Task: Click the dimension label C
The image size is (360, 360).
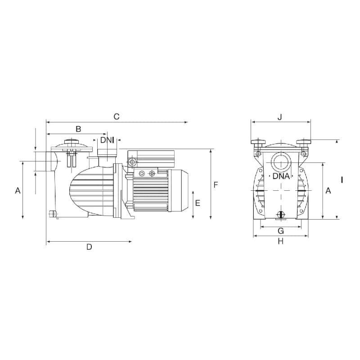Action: coord(117,117)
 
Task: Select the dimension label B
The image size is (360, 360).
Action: coord(78,129)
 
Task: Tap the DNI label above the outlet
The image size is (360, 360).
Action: coord(107,140)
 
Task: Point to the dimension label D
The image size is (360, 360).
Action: coord(89,247)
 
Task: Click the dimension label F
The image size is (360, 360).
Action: coord(216,184)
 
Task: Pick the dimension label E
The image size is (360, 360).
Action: coord(198,203)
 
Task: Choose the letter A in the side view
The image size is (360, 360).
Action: coord(18,190)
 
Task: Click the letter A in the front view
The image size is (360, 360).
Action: coord(328,190)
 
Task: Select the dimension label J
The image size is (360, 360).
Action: coord(279,117)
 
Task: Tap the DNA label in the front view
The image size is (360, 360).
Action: coord(281,176)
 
